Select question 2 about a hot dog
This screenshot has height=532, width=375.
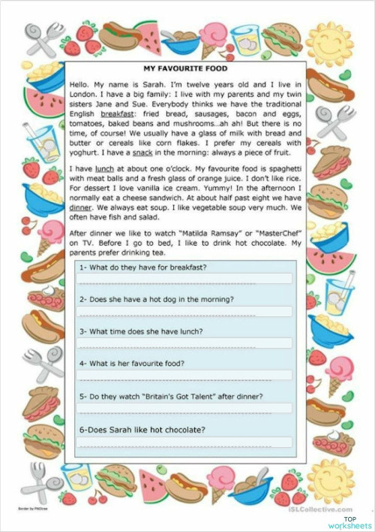tap(156, 299)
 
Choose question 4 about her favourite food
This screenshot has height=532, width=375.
tap(132, 364)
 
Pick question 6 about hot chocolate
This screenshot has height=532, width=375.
tap(142, 429)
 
